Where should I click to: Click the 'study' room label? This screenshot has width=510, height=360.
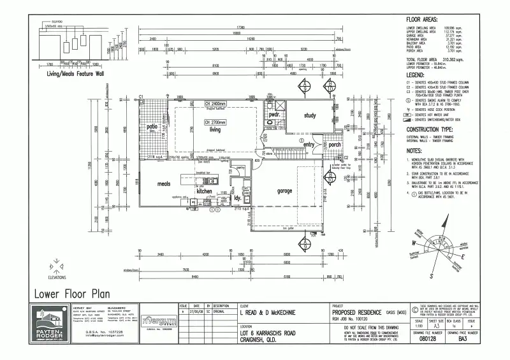[310, 115]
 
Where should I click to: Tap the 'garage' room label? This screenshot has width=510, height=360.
[284, 191]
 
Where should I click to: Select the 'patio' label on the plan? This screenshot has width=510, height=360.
[152, 126]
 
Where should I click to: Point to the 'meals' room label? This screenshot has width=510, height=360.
[163, 184]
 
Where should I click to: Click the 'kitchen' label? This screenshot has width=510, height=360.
[204, 191]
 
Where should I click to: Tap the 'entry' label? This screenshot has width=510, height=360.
[310, 145]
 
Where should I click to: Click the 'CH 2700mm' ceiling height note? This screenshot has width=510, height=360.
[215, 121]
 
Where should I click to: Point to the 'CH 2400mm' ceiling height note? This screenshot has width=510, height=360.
[215, 103]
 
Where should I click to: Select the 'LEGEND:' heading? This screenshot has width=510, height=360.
[416, 75]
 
